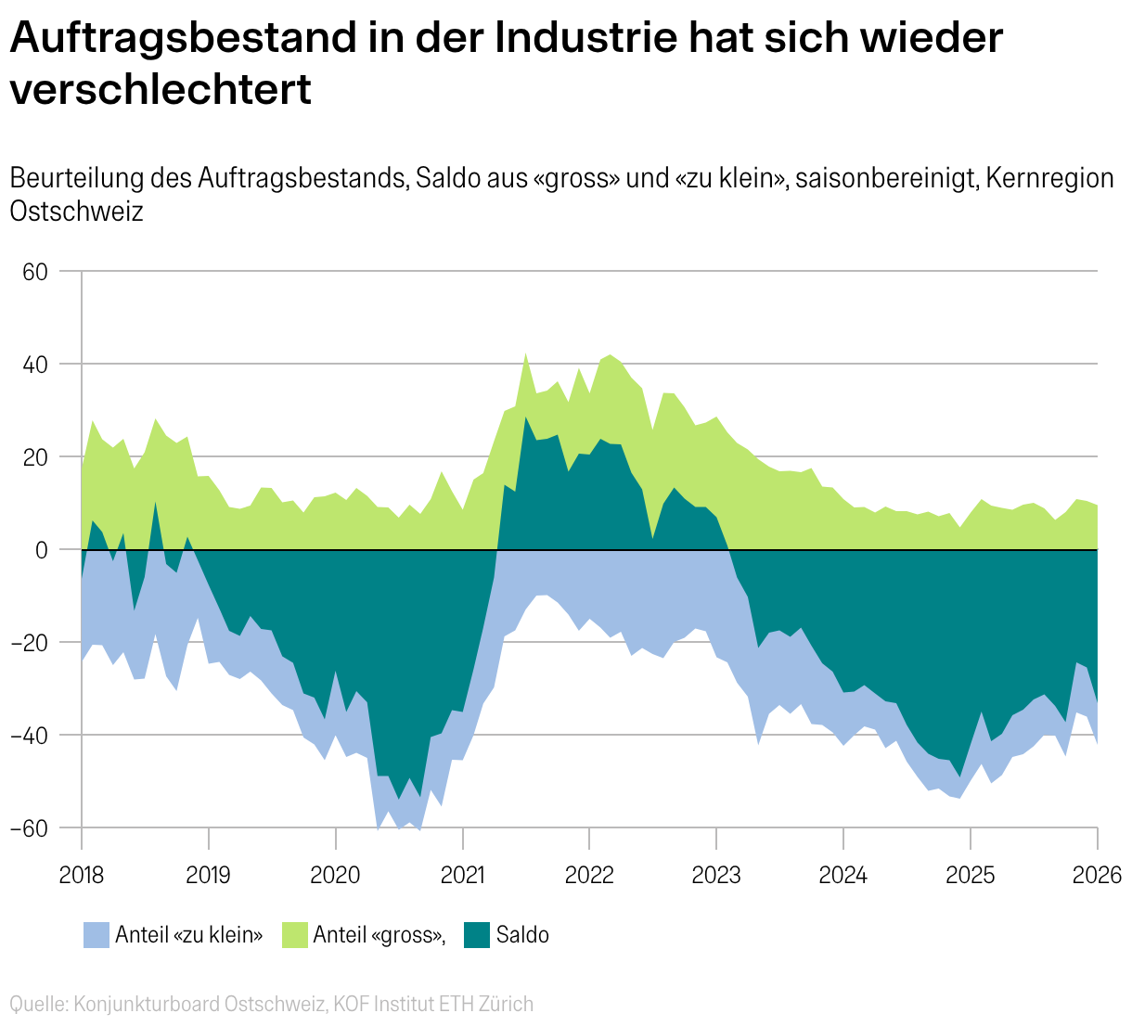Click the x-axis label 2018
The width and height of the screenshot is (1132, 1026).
pyautogui.click(x=82, y=876)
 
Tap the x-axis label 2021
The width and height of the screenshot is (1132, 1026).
pyautogui.click(x=462, y=876)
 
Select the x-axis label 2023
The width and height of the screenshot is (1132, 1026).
pyautogui.click(x=716, y=876)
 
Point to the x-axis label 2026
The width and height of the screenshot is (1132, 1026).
pyautogui.click(x=1098, y=876)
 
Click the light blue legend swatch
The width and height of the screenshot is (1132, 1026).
pyautogui.click(x=96, y=935)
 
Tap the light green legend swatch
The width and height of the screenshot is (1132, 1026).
pyautogui.click(x=294, y=935)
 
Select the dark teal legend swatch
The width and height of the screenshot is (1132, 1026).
pyautogui.click(x=476, y=935)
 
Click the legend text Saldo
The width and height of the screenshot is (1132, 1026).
pyautogui.click(x=522, y=935)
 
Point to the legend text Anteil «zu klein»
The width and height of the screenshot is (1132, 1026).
pyautogui.click(x=189, y=935)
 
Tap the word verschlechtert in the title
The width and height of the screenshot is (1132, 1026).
pyautogui.click(x=161, y=90)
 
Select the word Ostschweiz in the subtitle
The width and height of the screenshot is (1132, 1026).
pyautogui.click(x=77, y=212)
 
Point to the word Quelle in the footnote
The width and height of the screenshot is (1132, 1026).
pyautogui.click(x=37, y=1004)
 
